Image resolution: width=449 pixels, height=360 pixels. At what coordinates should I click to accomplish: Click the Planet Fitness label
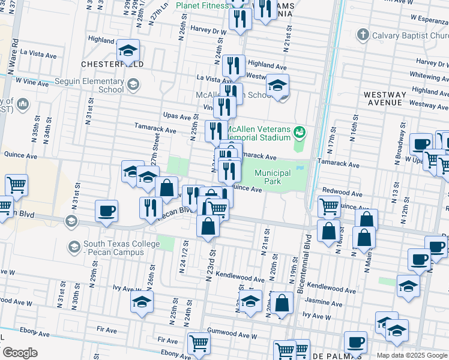(x=202, y=5)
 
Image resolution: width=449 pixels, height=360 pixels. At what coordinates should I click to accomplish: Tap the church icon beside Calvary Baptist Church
(x=362, y=35)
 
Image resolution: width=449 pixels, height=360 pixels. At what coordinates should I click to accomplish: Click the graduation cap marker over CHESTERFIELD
(x=128, y=51)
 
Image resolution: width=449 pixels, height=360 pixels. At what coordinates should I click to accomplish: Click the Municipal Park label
(x=273, y=177)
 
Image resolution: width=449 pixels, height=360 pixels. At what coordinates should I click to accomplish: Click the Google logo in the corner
(x=20, y=352)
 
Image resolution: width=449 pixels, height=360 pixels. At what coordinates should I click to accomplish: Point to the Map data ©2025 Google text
(x=412, y=355)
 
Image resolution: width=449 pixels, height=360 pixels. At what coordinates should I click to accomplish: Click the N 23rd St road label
(x=211, y=259)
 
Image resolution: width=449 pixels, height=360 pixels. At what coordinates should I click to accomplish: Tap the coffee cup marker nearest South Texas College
(x=106, y=211)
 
